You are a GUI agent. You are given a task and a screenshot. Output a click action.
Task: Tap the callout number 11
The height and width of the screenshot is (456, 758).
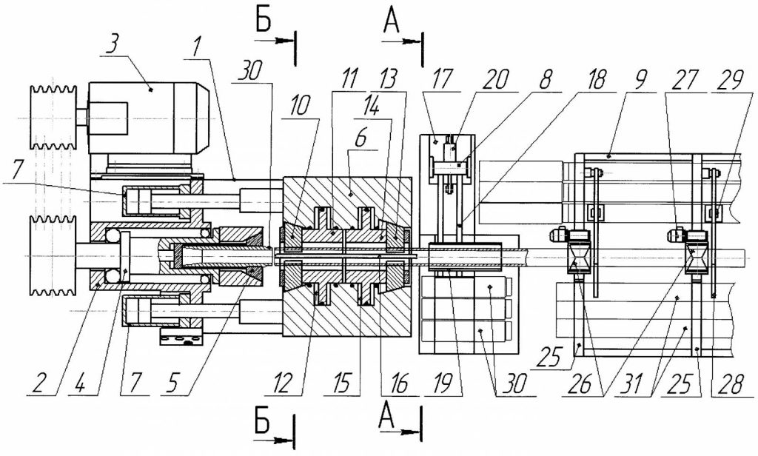point(345,79)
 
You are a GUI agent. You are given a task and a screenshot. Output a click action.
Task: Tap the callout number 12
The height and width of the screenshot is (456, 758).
point(284,384)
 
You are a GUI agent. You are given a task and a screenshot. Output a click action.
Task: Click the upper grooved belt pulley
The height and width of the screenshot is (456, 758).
point(53,119)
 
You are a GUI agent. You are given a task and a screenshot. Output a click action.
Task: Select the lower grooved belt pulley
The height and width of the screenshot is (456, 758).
point(53,255)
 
